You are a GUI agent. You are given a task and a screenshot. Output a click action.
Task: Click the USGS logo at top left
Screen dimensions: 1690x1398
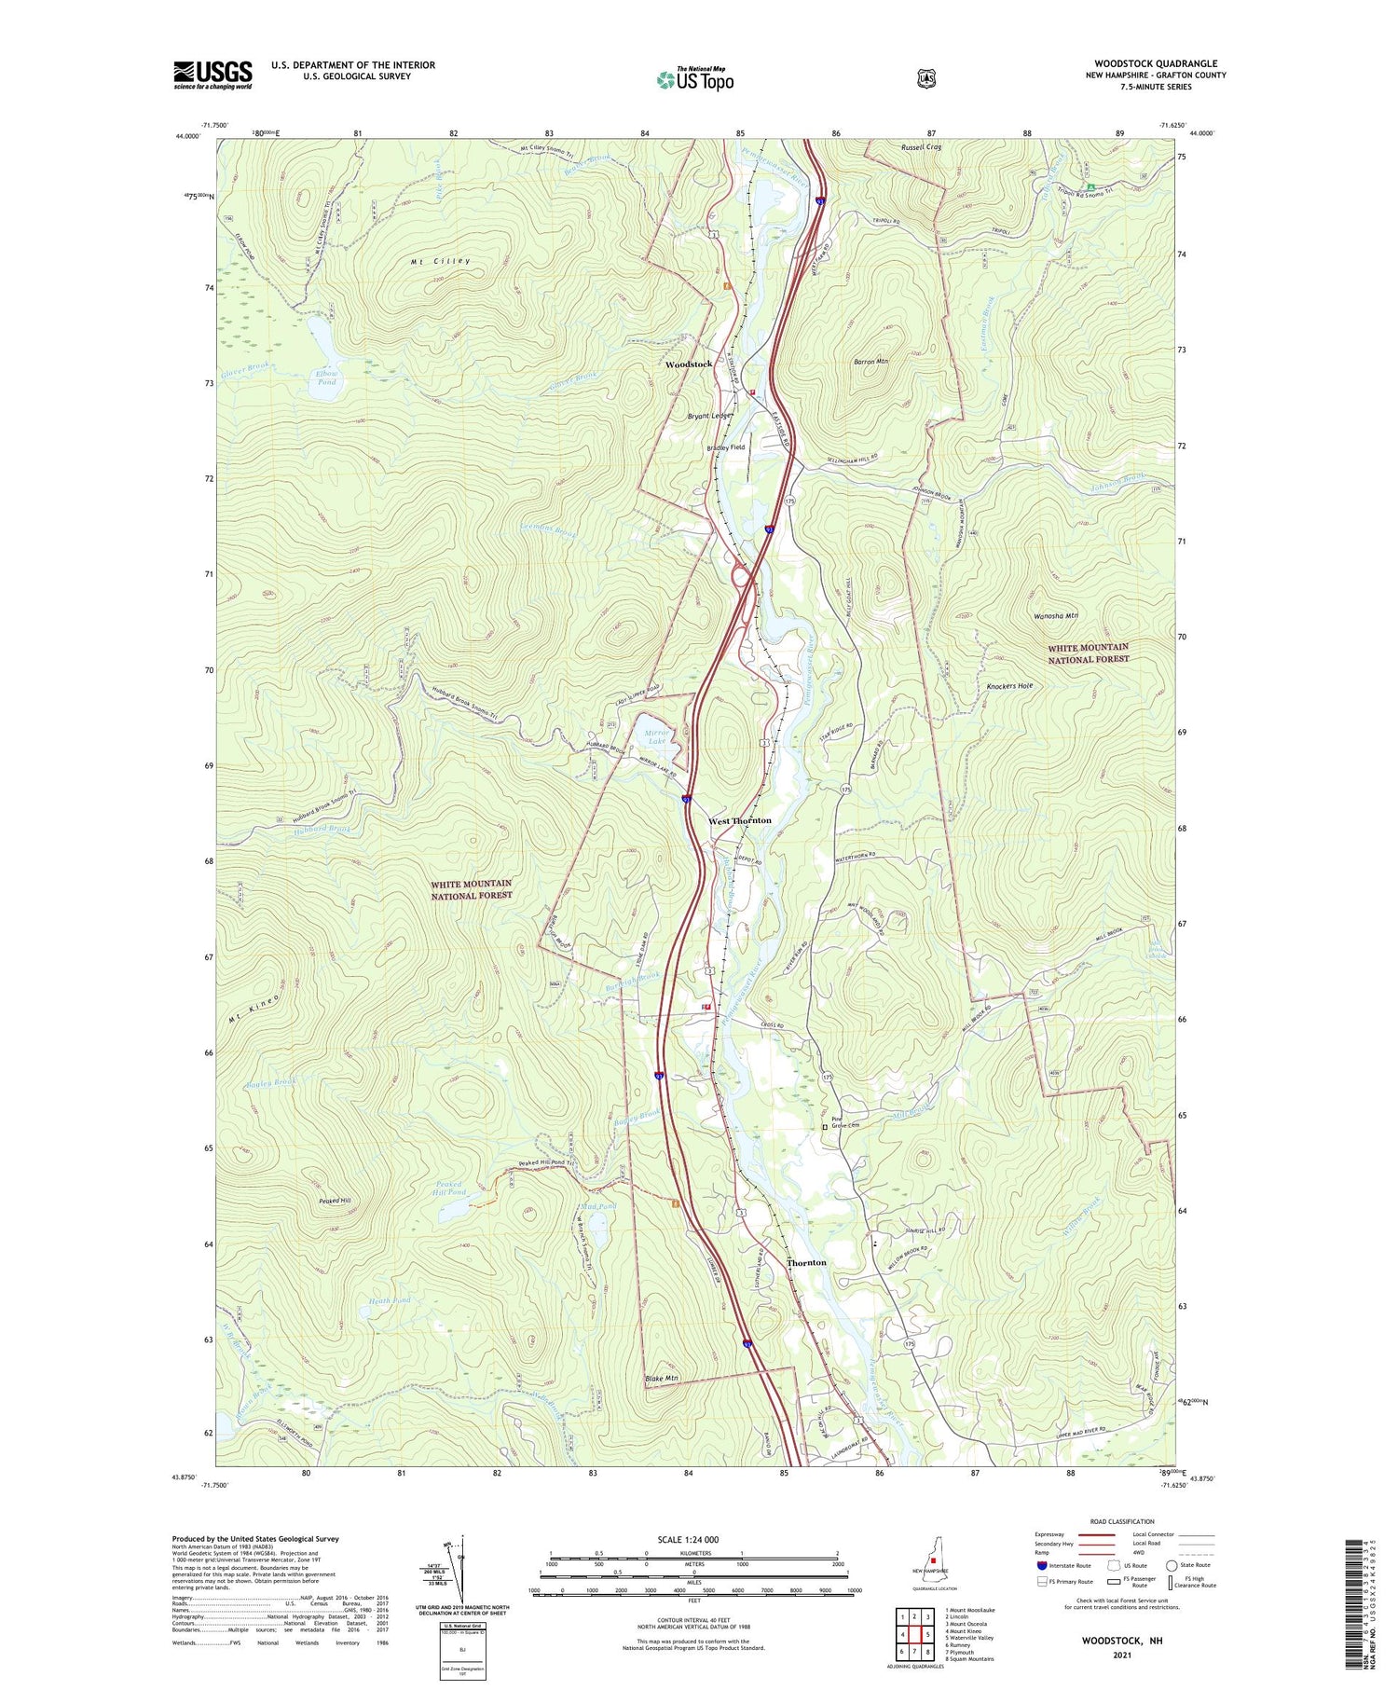pyautogui.click(x=212, y=75)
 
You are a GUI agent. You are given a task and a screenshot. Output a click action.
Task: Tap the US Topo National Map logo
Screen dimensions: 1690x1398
pyautogui.click(x=695, y=79)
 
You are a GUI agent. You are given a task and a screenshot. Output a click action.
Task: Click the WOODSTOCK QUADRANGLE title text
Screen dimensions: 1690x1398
pyautogui.click(x=1156, y=63)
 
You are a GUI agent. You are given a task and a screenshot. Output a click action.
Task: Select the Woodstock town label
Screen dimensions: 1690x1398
pyautogui.click(x=689, y=364)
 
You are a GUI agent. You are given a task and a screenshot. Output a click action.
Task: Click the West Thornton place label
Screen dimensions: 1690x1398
pyautogui.click(x=740, y=820)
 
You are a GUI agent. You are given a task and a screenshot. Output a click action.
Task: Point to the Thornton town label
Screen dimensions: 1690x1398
pyautogui.click(x=806, y=1262)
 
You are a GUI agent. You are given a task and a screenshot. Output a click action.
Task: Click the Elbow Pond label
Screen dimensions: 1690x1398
pyautogui.click(x=326, y=378)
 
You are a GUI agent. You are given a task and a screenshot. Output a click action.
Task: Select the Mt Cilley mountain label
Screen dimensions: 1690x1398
pyautogui.click(x=440, y=263)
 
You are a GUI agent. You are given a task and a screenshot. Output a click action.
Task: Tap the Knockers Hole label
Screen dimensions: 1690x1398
pyautogui.click(x=1009, y=686)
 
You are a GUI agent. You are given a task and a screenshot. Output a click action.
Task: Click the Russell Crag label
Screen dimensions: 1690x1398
pyautogui.click(x=921, y=147)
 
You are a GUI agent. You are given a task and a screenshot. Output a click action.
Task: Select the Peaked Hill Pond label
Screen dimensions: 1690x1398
pyautogui.click(x=450, y=1188)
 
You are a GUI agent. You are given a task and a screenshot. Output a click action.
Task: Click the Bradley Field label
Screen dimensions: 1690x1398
pyautogui.click(x=725, y=447)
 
